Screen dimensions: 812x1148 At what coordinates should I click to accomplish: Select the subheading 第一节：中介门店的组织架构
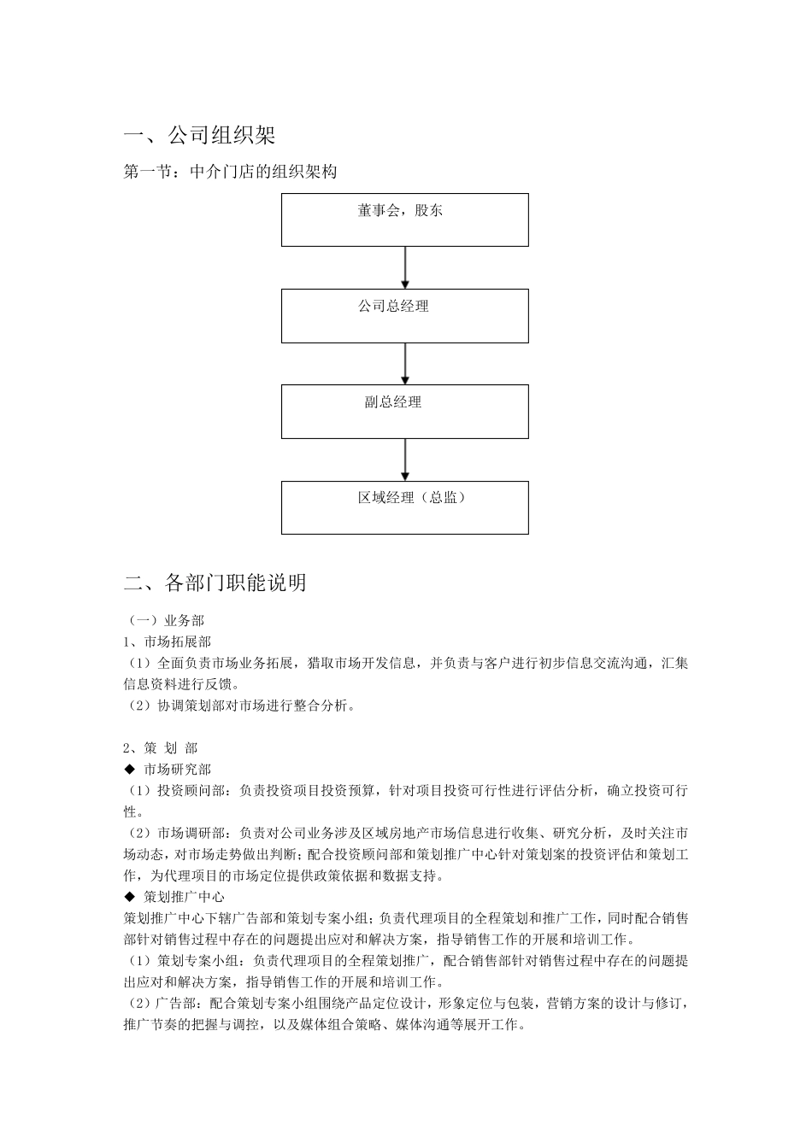coord(230,172)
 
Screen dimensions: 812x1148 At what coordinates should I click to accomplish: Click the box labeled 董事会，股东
coord(405,220)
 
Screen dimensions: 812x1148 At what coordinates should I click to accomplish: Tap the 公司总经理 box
coord(405,316)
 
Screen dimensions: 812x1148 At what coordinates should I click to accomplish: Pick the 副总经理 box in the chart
coord(405,412)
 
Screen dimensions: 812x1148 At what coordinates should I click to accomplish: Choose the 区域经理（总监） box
coord(405,507)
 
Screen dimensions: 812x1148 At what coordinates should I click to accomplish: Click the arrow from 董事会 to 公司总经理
coord(405,267)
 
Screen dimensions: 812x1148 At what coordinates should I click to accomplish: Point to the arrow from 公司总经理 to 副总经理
coord(405,364)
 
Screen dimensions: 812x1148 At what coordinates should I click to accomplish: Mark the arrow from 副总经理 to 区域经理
coord(405,460)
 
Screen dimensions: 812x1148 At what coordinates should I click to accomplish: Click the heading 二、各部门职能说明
coord(215,583)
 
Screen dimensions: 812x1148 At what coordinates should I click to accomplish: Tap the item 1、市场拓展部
coord(168,641)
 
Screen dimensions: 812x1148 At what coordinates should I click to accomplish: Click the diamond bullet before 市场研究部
coord(130,770)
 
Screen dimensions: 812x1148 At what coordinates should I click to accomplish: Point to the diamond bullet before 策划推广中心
coord(130,897)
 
